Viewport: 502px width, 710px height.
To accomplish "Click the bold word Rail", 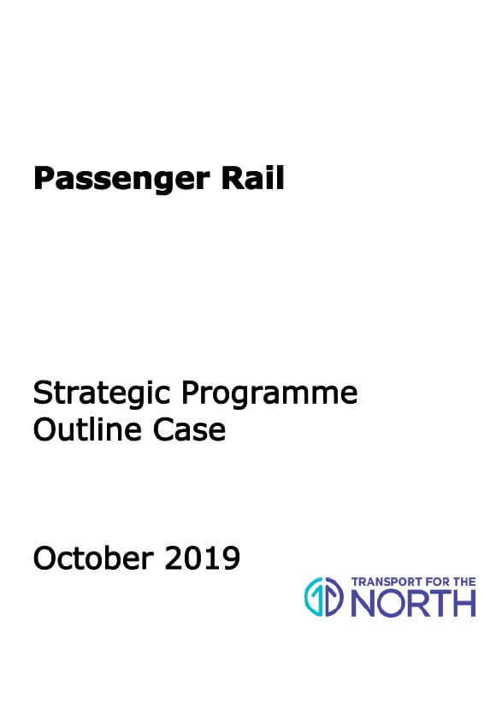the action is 252,178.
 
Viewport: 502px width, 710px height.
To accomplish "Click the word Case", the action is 189,429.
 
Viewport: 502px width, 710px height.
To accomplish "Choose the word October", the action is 93,558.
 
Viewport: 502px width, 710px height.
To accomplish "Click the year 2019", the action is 203,558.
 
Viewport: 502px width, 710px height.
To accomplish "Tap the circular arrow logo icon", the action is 324,597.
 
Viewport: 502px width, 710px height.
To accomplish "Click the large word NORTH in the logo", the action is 414,603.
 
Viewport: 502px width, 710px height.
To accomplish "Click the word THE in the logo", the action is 466,582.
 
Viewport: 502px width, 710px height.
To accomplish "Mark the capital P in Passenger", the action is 44,178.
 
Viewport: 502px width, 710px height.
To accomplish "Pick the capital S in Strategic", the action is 43,393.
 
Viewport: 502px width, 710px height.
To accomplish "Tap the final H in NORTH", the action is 464,603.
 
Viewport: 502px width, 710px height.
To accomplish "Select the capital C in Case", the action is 163,429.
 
